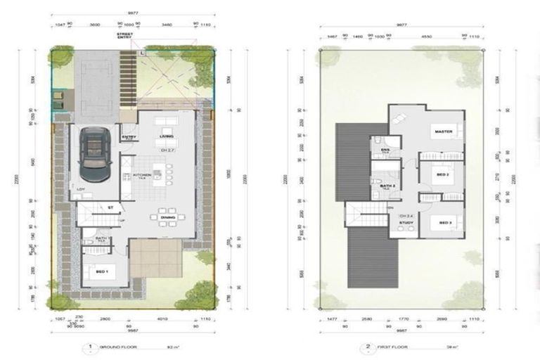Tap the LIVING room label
pos(167,136)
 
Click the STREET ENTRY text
pos(128,37)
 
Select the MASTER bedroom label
pos(443,131)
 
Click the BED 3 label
pos(444,223)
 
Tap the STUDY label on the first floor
pos(406,223)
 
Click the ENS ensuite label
pos(385,149)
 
